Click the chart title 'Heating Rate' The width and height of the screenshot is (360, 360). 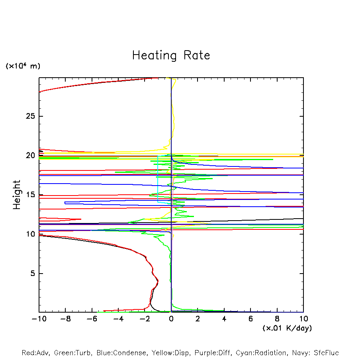[171, 55]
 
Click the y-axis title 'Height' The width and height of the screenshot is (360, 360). [17, 195]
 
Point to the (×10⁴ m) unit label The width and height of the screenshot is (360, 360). [23, 66]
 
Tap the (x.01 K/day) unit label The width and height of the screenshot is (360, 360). [287, 328]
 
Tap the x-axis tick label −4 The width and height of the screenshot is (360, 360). [118, 319]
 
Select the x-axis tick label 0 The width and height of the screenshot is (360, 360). [171, 319]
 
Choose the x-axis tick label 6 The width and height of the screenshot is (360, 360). [250, 319]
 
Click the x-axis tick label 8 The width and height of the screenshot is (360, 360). [277, 319]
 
